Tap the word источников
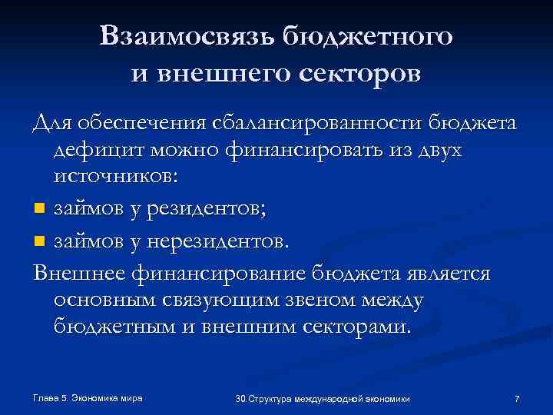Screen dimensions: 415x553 tap(115, 178)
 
